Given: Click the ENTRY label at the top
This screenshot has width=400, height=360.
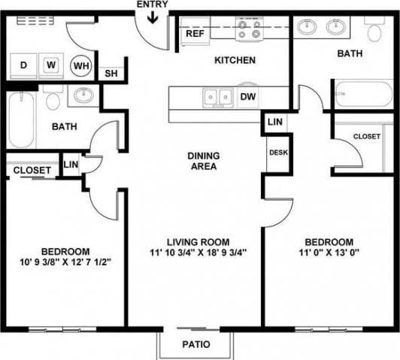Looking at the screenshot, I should click(153, 5).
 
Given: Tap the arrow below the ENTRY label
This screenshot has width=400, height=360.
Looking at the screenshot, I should click(153, 17).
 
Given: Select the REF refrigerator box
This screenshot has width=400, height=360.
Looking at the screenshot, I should click(194, 33).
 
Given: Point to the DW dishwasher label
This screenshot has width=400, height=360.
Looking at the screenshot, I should click(247, 96).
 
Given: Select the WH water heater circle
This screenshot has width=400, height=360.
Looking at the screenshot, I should click(80, 65).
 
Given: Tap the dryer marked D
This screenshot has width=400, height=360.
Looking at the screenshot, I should click(23, 65).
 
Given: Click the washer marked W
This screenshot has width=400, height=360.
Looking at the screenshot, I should click(50, 65).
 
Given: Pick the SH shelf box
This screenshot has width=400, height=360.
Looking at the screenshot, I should click(110, 73).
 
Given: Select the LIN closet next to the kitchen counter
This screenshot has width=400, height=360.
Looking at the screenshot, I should click(274, 122).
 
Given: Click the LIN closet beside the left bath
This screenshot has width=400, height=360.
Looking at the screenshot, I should click(71, 165).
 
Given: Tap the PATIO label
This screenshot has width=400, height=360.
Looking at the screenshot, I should click(195, 346).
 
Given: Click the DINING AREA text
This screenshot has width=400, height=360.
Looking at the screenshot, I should click(203, 161).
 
